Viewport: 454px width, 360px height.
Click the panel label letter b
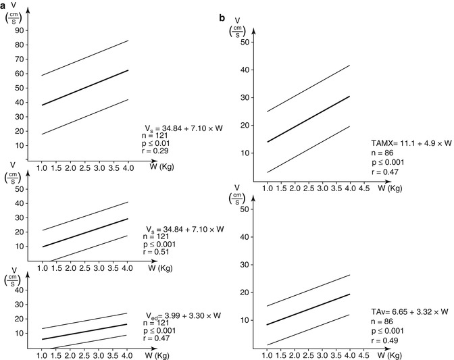click(222, 16)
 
